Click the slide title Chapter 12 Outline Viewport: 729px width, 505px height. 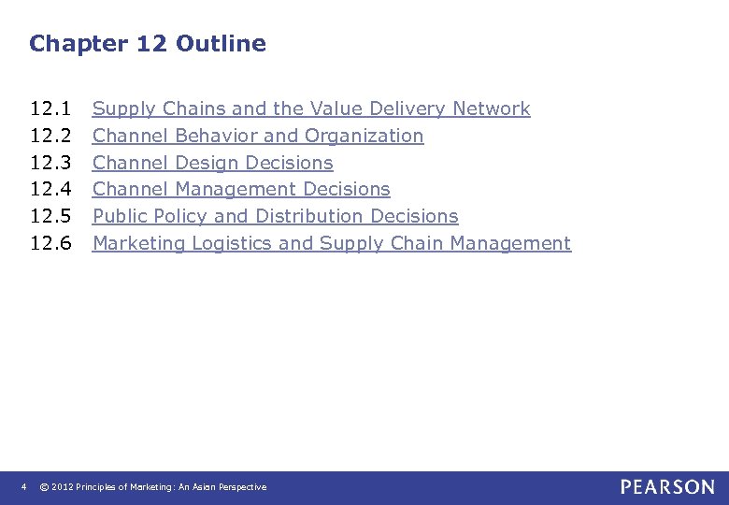(148, 43)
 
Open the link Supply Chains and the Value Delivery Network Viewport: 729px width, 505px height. (311, 108)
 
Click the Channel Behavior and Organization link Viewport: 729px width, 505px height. (258, 136)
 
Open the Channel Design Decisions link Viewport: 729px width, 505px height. (213, 163)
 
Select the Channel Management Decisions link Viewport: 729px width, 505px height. (241, 189)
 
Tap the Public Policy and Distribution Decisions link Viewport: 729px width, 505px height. (276, 216)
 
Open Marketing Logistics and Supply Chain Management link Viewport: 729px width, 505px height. (332, 243)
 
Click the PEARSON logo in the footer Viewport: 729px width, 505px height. (666, 486)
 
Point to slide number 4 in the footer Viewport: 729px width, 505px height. (24, 486)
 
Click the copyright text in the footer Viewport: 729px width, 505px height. (153, 487)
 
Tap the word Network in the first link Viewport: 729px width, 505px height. (491, 108)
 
